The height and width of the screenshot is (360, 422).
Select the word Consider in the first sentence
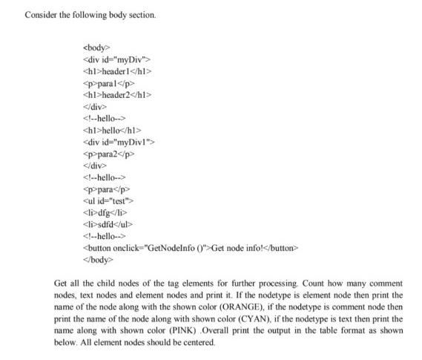coord(39,15)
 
